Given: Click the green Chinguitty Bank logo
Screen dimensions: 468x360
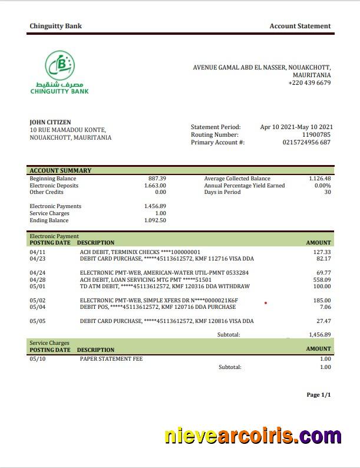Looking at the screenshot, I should click(x=60, y=72).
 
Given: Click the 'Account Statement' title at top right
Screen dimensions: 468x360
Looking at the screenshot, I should click(x=300, y=26).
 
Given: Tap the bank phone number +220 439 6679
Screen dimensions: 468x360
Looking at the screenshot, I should click(x=309, y=83).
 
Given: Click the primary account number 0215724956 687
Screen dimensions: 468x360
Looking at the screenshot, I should click(x=306, y=143).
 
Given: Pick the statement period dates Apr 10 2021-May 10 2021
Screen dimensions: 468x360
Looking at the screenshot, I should click(x=296, y=127).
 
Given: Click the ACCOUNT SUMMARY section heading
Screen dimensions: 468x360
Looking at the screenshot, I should click(x=61, y=171).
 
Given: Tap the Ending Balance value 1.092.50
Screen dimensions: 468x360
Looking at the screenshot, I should click(x=155, y=220).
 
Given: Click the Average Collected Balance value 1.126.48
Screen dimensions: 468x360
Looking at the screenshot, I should click(x=319, y=179).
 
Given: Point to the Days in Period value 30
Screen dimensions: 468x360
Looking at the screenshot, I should click(x=327, y=192).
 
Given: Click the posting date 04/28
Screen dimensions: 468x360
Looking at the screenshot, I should click(x=37, y=279).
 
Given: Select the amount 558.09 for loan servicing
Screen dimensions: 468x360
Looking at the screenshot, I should click(x=322, y=279).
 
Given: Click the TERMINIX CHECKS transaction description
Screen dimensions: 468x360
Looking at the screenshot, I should click(x=140, y=252).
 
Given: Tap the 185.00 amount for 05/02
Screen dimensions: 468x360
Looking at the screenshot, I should click(x=322, y=300).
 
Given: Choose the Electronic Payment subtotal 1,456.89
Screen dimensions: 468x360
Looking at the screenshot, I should click(x=319, y=334).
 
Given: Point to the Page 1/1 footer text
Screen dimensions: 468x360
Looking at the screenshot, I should click(x=319, y=395).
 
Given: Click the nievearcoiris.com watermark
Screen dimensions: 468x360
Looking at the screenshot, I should click(x=253, y=437).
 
